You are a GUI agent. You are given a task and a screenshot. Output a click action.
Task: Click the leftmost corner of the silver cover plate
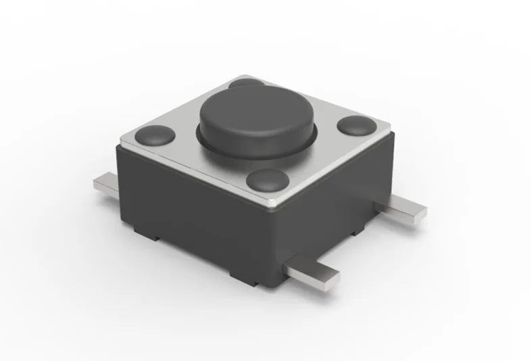(x=120, y=140)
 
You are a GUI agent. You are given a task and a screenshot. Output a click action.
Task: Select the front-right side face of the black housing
(x=331, y=203)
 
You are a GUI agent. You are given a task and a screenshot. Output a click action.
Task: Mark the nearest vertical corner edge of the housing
(x=273, y=250)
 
